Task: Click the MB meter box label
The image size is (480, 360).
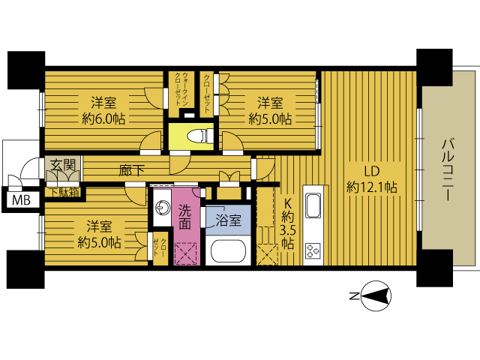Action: [x=21, y=201]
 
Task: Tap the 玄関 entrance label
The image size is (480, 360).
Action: [x=63, y=165]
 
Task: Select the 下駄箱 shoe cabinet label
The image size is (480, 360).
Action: [x=65, y=193]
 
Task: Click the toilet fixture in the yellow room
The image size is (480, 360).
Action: [x=200, y=136]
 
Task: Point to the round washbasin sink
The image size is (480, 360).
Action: [x=163, y=208]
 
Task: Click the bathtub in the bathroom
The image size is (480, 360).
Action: [x=228, y=251]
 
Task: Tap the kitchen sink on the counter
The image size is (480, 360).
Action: [x=313, y=205]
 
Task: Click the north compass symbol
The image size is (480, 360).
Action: [x=376, y=296]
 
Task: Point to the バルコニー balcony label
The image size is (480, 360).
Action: [x=448, y=170]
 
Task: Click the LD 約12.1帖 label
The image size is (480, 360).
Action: [x=372, y=179]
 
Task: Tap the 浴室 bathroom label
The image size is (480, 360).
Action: [x=228, y=220]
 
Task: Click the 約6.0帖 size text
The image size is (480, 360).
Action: [x=103, y=119]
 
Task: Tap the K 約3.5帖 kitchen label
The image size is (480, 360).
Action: [x=287, y=223]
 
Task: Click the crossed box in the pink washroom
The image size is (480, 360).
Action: [x=185, y=253]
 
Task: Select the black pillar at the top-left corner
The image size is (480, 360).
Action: [x=26, y=70]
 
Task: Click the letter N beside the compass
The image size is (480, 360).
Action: [x=354, y=296]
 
